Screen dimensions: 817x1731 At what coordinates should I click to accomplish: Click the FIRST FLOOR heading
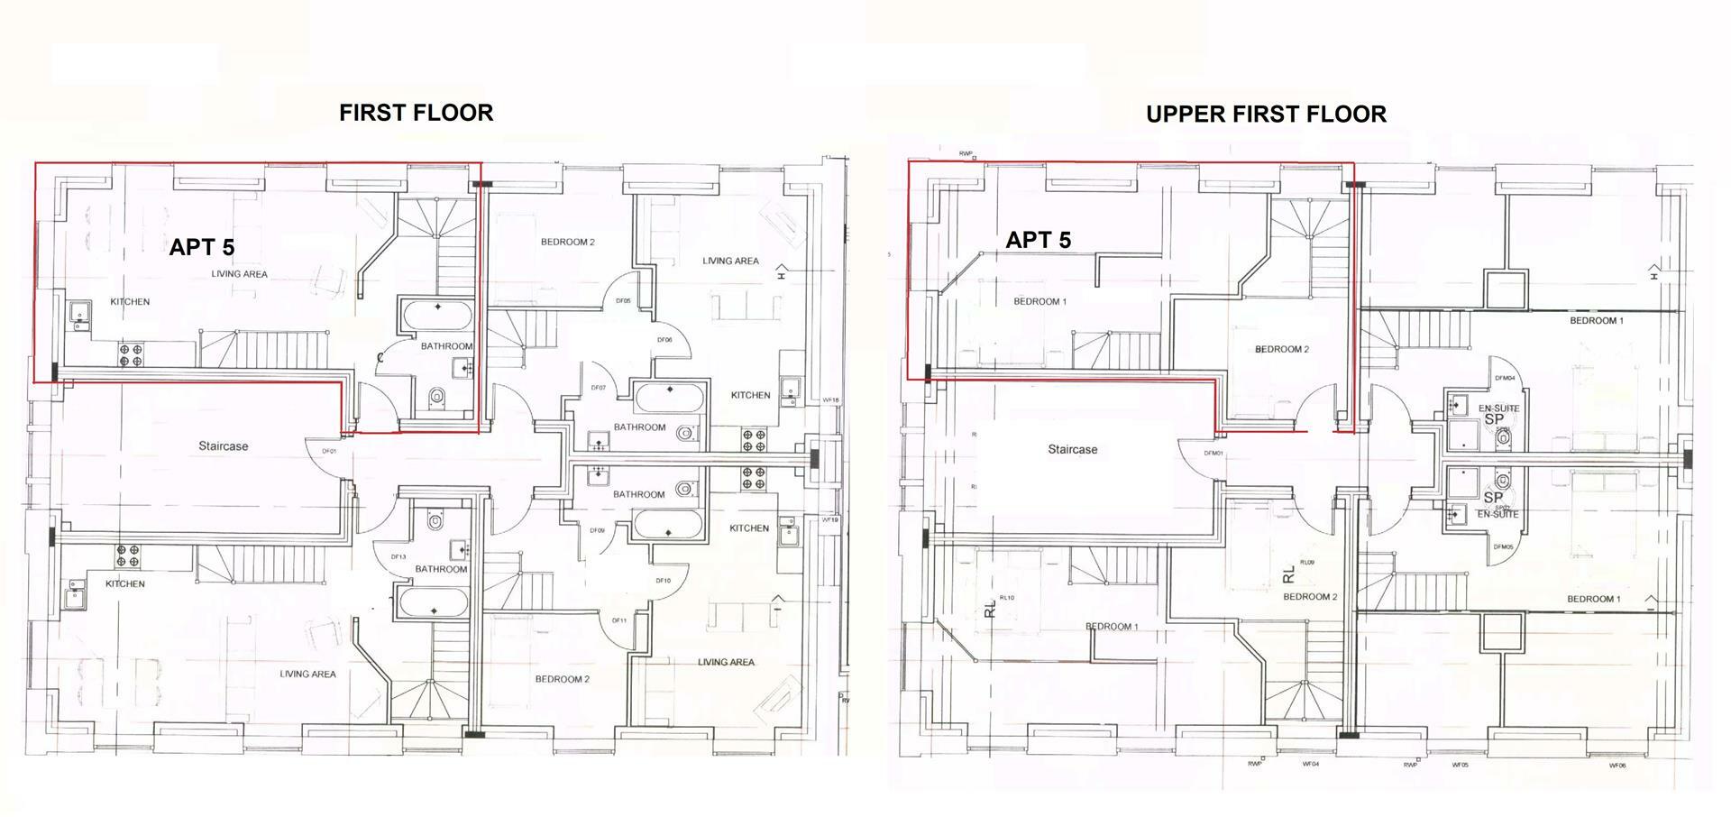pyautogui.click(x=416, y=113)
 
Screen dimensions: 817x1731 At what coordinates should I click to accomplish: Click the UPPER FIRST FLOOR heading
pyautogui.click(x=1265, y=114)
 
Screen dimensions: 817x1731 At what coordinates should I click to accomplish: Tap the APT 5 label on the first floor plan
pyautogui.click(x=202, y=247)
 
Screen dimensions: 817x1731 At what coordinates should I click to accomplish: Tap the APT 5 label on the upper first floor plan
pyautogui.click(x=1038, y=240)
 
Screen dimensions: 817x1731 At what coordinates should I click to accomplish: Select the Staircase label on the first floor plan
pyautogui.click(x=223, y=446)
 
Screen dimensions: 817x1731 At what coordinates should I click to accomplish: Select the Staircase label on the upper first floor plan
pyautogui.click(x=1072, y=449)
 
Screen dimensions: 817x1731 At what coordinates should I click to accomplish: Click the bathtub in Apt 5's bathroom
pyautogui.click(x=437, y=317)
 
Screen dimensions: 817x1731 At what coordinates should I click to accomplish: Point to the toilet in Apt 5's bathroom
pyautogui.click(x=437, y=396)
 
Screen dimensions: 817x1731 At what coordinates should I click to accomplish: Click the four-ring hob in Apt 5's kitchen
pyautogui.click(x=131, y=354)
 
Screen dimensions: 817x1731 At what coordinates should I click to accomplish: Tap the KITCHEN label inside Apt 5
pyautogui.click(x=130, y=302)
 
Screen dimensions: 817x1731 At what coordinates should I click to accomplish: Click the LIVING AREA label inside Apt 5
pyautogui.click(x=239, y=274)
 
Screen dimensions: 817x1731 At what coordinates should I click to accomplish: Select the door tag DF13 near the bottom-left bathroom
pyautogui.click(x=398, y=557)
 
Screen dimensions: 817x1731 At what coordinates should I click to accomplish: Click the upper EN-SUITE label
pyautogui.click(x=1498, y=408)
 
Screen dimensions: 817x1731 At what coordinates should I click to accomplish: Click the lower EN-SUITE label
pyautogui.click(x=1497, y=514)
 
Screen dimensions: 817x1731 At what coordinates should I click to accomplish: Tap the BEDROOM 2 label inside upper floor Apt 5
pyautogui.click(x=1281, y=349)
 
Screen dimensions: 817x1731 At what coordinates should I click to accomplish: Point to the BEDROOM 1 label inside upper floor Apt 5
pyautogui.click(x=1040, y=301)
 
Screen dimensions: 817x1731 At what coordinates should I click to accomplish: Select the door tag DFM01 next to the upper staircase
pyautogui.click(x=1213, y=454)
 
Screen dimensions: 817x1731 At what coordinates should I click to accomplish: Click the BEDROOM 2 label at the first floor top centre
pyautogui.click(x=567, y=242)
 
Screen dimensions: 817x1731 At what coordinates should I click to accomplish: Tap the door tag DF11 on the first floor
pyautogui.click(x=618, y=620)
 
